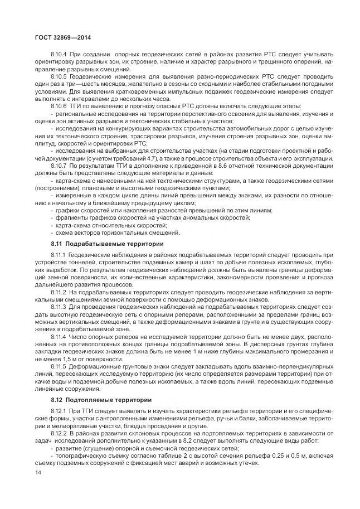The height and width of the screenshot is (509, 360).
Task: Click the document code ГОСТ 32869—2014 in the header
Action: tap(59, 37)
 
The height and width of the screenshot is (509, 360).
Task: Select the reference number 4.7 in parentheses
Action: tap(158, 158)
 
